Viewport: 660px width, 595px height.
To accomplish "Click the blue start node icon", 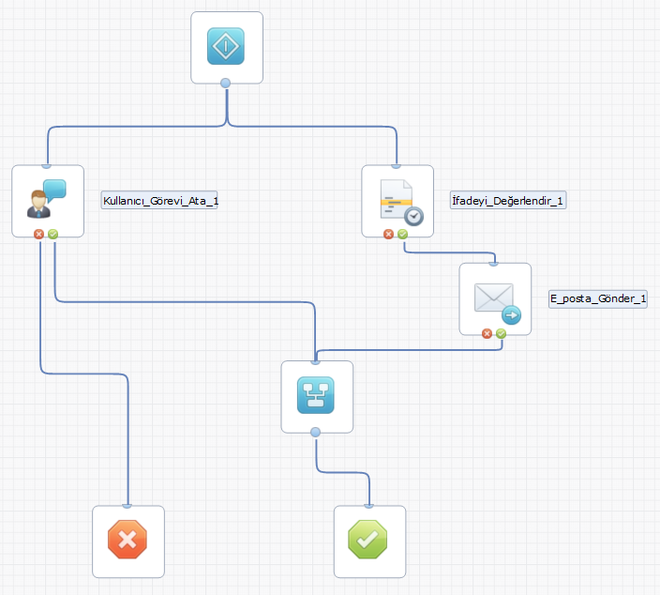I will coord(225,46).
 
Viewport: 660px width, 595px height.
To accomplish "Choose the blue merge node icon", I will coord(316,396).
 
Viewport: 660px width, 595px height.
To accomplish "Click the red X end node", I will coord(127,541).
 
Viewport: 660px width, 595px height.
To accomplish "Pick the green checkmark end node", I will coord(369,541).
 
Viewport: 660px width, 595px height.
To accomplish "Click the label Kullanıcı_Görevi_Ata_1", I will coord(159,200).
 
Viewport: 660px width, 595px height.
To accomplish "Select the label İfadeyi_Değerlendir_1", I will coord(508,200).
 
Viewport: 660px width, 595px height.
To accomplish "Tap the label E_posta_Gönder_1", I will coord(598,298).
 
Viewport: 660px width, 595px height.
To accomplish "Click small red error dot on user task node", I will coord(39,234).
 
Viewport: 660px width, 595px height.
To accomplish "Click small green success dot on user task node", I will coord(52,234).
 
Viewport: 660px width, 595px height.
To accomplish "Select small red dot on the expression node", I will coord(389,234).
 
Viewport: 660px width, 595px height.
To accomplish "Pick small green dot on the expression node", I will coord(402,234).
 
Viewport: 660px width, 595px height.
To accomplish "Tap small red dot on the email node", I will coord(487,332).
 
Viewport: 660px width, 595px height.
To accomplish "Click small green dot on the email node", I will coord(501,332).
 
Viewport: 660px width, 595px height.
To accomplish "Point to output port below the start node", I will coord(225,84).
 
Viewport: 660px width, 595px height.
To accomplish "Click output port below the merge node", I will coord(316,432).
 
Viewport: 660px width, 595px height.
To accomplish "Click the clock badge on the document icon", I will coord(412,216).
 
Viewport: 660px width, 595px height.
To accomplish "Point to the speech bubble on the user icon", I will coord(54,189).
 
